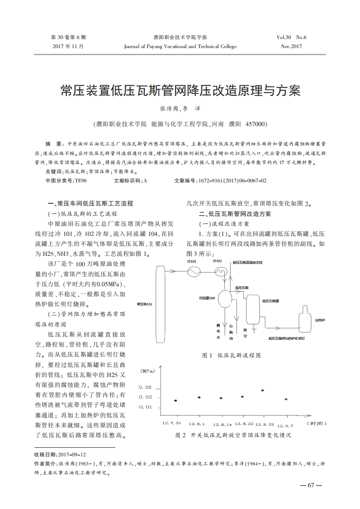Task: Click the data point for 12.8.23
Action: pos(262,390)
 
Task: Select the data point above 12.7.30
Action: pos(176,401)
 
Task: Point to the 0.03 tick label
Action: pos(145,387)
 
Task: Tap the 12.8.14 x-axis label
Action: pos(222,425)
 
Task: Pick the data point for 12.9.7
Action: pos(286,399)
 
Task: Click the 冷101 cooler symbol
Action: pos(195,271)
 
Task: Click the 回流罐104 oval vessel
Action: pos(225,298)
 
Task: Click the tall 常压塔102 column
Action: pos(158,303)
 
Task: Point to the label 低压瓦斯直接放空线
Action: pos(247,262)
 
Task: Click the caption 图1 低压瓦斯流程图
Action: pos(231,356)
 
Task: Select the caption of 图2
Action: pos(233,435)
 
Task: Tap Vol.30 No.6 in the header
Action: pos(291,37)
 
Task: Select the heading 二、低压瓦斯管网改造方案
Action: pos(235,214)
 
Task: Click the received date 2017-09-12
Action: pos(72,455)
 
